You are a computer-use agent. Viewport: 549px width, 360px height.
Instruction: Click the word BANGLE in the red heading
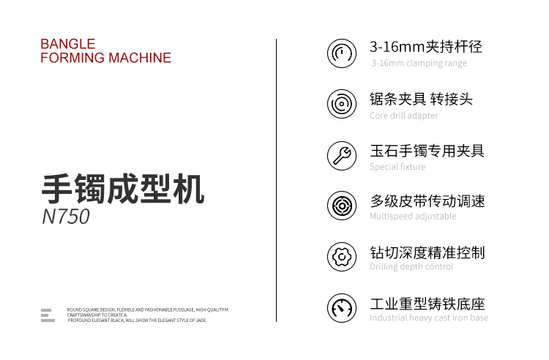click(68, 44)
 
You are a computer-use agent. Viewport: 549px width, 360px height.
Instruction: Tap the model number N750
click(66, 216)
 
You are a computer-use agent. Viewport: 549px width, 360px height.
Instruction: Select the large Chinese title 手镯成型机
click(123, 189)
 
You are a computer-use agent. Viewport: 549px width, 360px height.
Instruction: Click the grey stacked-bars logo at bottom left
click(48, 315)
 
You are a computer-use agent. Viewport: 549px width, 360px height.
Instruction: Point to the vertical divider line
click(276, 180)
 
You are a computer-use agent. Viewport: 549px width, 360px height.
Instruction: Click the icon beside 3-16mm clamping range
click(342, 53)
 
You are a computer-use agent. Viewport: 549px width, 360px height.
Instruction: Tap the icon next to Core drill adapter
click(342, 104)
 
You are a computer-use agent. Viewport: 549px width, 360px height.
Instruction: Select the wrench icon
click(342, 156)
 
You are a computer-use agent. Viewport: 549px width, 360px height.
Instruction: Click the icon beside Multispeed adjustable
click(342, 206)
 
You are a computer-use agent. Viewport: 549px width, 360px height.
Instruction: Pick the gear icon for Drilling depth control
click(342, 257)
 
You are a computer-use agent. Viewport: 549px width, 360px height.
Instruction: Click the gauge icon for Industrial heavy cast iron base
click(342, 308)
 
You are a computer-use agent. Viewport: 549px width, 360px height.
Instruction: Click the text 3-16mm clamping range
click(419, 64)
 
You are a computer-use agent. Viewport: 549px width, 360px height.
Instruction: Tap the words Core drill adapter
click(403, 116)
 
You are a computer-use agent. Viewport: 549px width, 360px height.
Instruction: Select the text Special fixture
click(397, 167)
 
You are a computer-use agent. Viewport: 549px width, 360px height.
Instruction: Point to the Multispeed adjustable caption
click(413, 217)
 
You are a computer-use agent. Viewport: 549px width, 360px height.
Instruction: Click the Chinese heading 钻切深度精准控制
click(427, 252)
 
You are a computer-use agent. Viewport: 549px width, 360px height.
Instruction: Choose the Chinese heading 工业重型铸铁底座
click(427, 304)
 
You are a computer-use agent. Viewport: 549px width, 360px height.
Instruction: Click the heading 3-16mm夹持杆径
click(426, 47)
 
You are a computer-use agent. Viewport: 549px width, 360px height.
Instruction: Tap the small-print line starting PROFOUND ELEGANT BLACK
click(138, 320)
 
